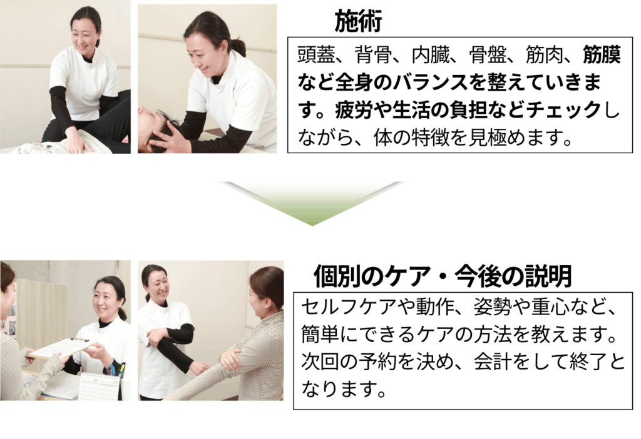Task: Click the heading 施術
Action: (358, 21)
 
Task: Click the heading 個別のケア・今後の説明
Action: (443, 276)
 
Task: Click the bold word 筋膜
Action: (602, 55)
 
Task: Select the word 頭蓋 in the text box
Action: (316, 55)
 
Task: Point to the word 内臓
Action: (430, 55)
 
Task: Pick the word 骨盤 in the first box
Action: (487, 55)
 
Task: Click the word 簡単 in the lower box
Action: (320, 335)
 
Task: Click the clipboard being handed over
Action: (61, 349)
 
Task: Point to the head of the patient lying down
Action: (157, 127)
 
